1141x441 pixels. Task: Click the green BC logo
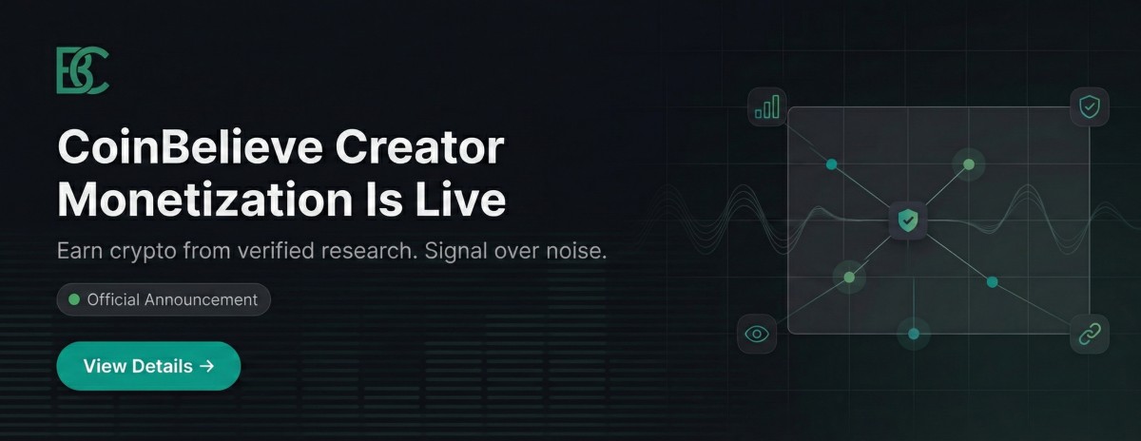pyautogui.click(x=82, y=71)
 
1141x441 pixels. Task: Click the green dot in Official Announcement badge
pyautogui.click(x=74, y=299)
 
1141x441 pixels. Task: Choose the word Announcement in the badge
pyautogui.click(x=201, y=299)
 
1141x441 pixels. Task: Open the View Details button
pyautogui.click(x=148, y=366)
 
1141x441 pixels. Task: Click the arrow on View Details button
pyautogui.click(x=207, y=366)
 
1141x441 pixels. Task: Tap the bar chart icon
pyautogui.click(x=766, y=106)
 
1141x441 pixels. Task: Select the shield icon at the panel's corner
pyautogui.click(x=1090, y=106)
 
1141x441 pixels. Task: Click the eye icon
pyautogui.click(x=757, y=334)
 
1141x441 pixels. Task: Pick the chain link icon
pyautogui.click(x=1090, y=334)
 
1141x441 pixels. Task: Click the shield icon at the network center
pyautogui.click(x=909, y=221)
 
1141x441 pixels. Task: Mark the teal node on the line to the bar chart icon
pyautogui.click(x=832, y=164)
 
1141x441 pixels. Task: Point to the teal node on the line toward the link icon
pyautogui.click(x=992, y=282)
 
